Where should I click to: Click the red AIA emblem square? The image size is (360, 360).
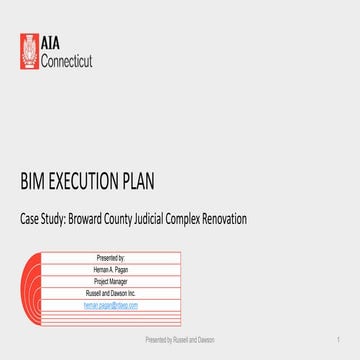(x=31, y=52)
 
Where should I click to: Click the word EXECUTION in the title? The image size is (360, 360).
(x=88, y=182)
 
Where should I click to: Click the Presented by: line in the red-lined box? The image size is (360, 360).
(x=125, y=258)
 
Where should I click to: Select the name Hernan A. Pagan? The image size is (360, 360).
(x=125, y=270)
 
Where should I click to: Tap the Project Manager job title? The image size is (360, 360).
(x=125, y=282)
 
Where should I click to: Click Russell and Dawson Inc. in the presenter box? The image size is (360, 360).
(x=125, y=293)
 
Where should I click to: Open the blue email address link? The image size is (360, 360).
(x=125, y=304)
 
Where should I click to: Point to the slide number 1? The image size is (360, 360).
(x=341, y=341)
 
